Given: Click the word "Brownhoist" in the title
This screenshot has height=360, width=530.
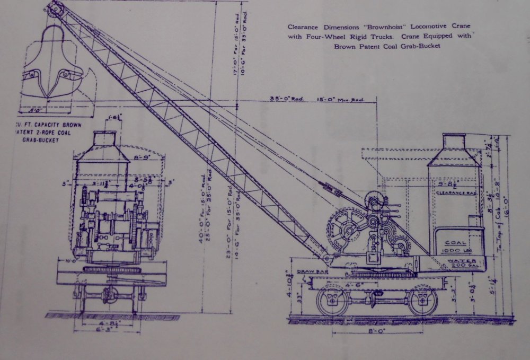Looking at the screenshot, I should (378, 26).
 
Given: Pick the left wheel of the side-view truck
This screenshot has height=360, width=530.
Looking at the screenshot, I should (332, 301).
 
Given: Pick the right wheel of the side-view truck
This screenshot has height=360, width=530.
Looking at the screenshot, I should (422, 301).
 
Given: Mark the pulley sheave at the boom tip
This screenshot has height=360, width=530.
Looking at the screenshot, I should (55, 8).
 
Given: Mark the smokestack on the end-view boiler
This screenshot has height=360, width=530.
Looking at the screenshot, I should (104, 139).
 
